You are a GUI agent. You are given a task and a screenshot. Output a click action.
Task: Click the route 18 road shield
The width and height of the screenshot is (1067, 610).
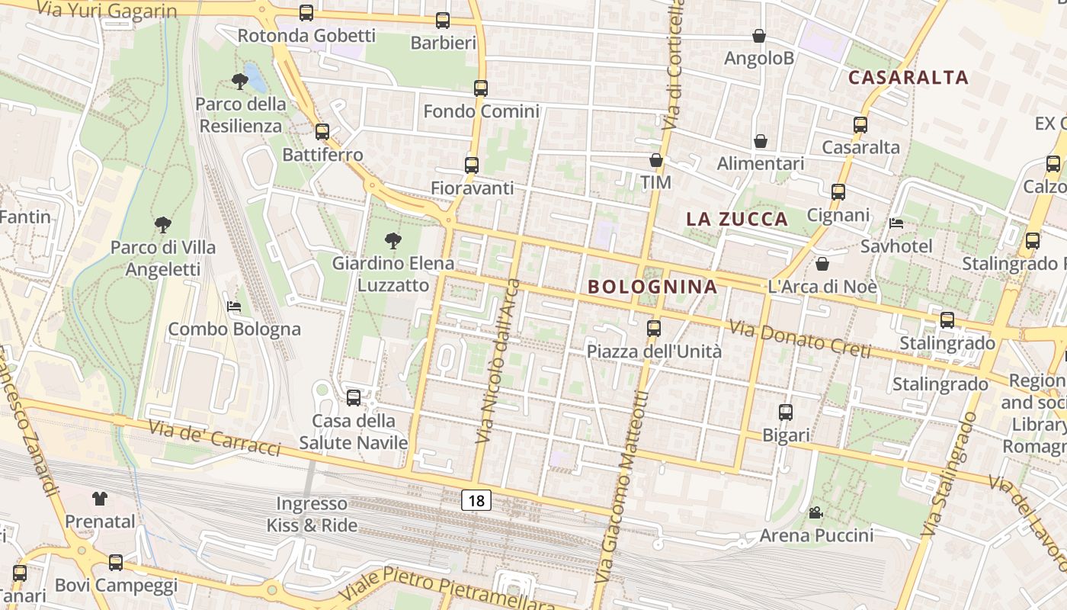tap(476, 501)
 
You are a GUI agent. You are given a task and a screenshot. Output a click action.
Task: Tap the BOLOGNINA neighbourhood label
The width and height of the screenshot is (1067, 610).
tap(653, 287)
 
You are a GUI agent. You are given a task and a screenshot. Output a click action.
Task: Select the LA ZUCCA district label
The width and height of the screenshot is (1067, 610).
tap(737, 220)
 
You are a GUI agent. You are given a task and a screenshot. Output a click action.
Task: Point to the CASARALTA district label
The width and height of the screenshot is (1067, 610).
tap(908, 77)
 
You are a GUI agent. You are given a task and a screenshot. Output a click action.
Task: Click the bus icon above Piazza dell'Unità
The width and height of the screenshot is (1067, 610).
tap(654, 329)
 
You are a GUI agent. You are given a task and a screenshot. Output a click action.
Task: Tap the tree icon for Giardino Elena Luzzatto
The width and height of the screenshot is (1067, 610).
tap(393, 242)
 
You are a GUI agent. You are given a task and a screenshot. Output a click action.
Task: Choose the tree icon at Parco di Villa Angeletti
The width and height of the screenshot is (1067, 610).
tap(162, 225)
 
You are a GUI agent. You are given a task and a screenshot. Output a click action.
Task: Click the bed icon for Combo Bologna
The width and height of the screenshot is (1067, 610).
tap(234, 307)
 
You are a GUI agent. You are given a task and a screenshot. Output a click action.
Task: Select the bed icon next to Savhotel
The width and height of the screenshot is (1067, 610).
tap(896, 223)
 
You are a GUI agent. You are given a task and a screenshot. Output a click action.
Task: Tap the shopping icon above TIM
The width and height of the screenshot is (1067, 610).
tap(655, 160)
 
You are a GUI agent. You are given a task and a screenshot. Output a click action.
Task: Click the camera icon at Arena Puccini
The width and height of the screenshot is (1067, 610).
tap(815, 512)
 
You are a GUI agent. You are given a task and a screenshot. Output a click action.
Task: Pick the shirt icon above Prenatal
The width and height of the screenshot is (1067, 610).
tap(100, 499)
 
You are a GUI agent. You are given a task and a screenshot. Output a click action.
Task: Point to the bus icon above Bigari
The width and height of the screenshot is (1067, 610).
tap(786, 413)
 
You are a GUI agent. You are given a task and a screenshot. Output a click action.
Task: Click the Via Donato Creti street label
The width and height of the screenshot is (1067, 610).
tap(799, 339)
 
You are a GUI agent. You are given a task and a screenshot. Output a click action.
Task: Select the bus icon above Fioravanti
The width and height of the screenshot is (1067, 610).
tap(472, 165)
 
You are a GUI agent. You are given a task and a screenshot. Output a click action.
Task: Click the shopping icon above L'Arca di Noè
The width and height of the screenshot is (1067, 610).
tap(822, 265)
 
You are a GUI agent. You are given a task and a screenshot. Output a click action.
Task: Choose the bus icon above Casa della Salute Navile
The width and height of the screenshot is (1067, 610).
tap(353, 397)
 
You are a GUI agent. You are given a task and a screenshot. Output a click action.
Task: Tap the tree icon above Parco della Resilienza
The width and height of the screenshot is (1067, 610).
tap(240, 81)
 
